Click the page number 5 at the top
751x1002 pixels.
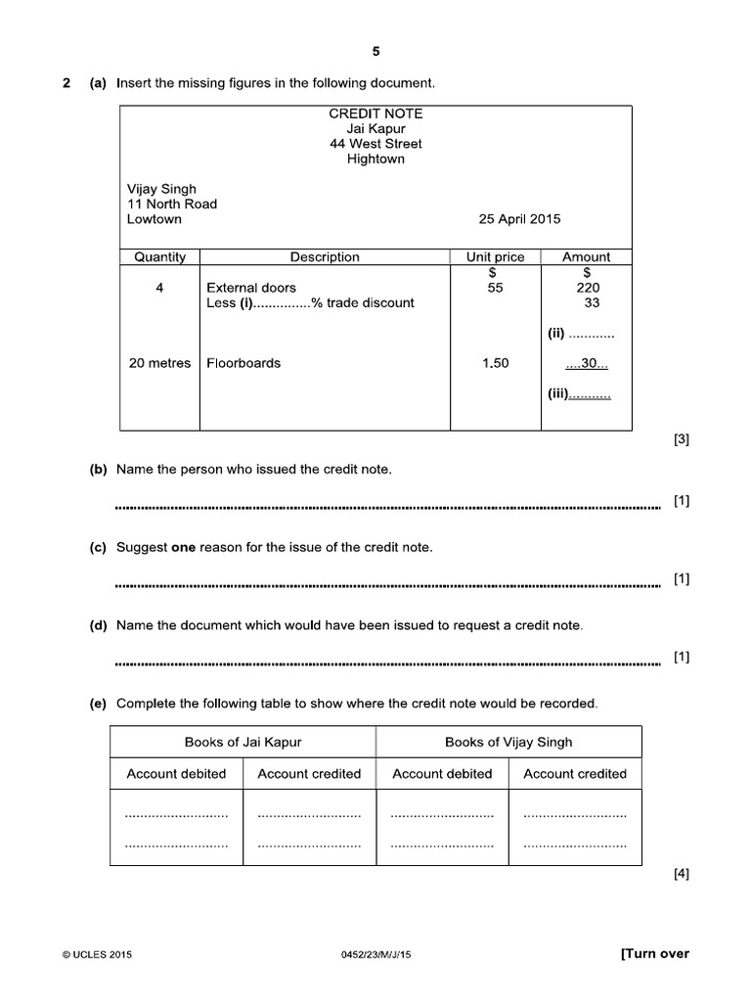pyautogui.click(x=375, y=52)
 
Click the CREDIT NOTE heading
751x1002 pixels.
pyautogui.click(x=375, y=114)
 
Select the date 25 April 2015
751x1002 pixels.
pyautogui.click(x=520, y=219)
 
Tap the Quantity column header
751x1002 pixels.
pyautogui.click(x=159, y=257)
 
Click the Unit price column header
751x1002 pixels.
pyautogui.click(x=495, y=257)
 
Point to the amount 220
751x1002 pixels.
pyautogui.click(x=588, y=288)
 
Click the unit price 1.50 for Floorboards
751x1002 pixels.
pyautogui.click(x=495, y=363)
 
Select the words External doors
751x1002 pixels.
pyautogui.click(x=251, y=288)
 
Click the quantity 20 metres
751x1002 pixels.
pyautogui.click(x=159, y=363)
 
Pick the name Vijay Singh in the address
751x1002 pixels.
pyautogui.click(x=161, y=189)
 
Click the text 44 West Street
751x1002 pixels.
pyautogui.click(x=375, y=144)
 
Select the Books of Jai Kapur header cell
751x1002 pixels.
pyautogui.click(x=243, y=742)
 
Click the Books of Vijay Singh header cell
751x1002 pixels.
pyautogui.click(x=508, y=742)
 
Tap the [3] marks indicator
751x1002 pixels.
pyautogui.click(x=682, y=439)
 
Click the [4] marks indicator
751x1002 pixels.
pyautogui.click(x=682, y=875)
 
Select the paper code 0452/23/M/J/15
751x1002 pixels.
pyautogui.click(x=375, y=955)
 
